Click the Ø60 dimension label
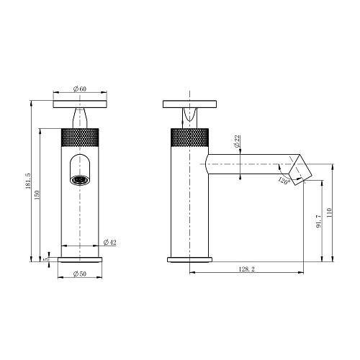tap(80, 89)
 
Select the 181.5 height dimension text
tap(28, 181)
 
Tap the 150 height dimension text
tap(37, 195)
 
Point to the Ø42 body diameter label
tap(110, 243)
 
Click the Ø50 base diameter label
tap(80, 274)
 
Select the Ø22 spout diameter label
tap(237, 141)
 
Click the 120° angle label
tap(284, 181)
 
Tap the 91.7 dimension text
tap(319, 222)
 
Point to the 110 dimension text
tap(329, 212)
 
